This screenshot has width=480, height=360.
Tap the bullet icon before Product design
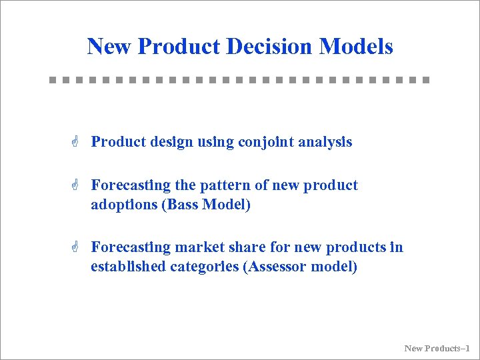77,142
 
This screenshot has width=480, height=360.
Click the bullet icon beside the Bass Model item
77,185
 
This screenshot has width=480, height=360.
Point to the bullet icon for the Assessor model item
77,247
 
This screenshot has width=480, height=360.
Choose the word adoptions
125,205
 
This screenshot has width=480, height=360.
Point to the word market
198,247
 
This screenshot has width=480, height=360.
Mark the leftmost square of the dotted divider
53,80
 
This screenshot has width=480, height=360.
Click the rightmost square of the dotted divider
427,80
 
